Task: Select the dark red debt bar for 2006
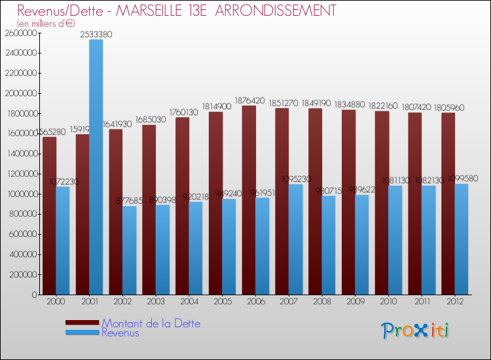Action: (249, 200)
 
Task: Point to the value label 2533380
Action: (96, 34)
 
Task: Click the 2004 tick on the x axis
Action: (189, 302)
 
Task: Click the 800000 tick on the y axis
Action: (22, 214)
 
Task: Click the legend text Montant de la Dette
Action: (151, 323)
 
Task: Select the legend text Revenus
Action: (120, 333)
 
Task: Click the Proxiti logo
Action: (415, 331)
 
